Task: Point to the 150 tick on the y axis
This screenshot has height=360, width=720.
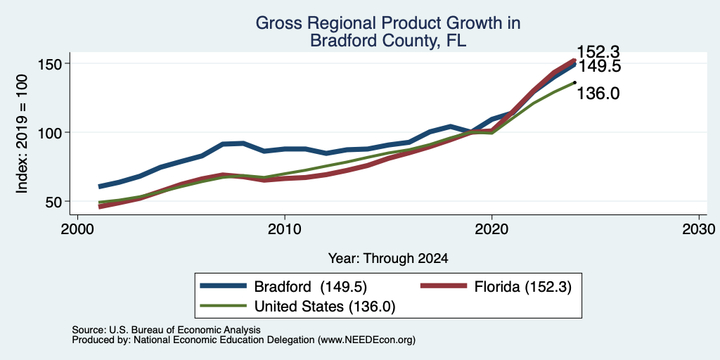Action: [53, 63]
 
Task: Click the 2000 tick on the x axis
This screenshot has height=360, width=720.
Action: [77, 229]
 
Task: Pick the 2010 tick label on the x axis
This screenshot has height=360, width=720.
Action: [285, 229]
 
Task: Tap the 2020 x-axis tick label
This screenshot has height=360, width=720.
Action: [491, 229]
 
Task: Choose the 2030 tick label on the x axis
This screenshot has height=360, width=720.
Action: [699, 229]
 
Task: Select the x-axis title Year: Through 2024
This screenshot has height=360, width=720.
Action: [388, 259]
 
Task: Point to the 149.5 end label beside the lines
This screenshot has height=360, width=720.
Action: [599, 67]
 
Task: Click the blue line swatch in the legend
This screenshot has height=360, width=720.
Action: [223, 285]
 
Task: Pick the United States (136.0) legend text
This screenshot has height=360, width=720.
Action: [325, 307]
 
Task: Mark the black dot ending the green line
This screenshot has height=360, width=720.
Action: [574, 83]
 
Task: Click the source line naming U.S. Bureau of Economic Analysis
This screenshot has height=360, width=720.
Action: [166, 330]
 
